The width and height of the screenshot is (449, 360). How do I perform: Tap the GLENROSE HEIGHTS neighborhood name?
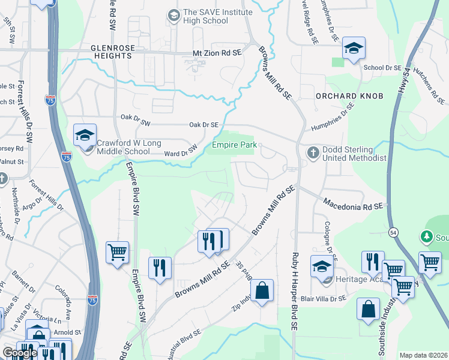111,51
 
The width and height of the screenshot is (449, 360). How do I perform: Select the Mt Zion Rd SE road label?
217,53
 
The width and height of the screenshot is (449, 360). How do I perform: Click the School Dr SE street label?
382,68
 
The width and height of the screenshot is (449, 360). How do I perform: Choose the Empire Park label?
234,145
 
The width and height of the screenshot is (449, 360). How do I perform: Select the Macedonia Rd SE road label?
353,206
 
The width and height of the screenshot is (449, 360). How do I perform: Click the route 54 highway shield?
393,232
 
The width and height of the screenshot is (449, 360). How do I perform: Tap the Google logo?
20,353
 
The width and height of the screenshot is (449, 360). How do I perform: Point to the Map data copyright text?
424,355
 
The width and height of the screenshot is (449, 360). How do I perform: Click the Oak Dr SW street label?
133,118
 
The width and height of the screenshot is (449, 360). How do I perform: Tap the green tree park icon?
427,238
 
